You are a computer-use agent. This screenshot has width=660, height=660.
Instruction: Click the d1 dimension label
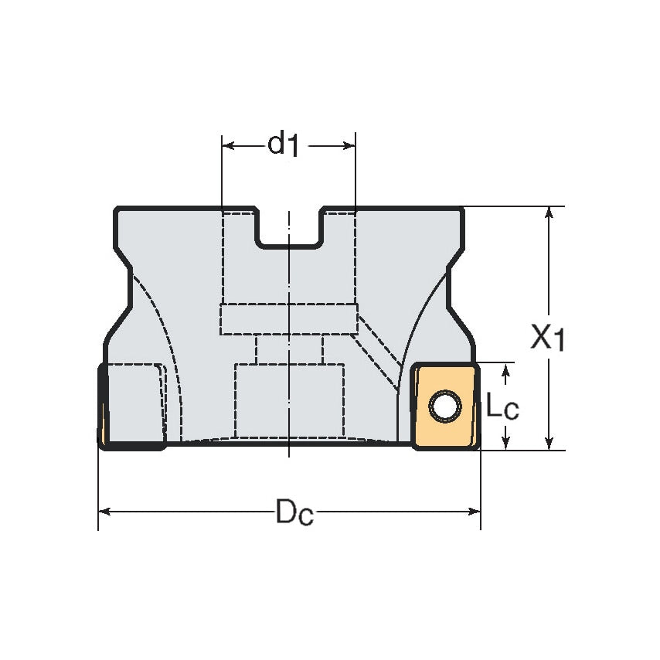pos(284,145)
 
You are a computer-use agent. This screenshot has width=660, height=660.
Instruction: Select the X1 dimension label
pos(548,338)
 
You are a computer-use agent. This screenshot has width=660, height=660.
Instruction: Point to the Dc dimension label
pos(294,512)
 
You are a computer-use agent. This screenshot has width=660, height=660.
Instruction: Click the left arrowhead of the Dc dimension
pos(105,512)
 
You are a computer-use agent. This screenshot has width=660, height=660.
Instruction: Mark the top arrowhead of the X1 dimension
pos(549,213)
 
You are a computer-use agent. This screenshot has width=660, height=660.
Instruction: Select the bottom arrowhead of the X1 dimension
pos(549,443)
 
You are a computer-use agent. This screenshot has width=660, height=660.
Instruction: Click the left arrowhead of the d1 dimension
pos(229,145)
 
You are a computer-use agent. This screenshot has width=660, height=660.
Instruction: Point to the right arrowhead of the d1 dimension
pos(349,145)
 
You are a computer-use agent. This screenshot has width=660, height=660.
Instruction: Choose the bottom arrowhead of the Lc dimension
pos(506,442)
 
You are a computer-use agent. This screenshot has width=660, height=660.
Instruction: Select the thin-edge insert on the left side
pos(102,406)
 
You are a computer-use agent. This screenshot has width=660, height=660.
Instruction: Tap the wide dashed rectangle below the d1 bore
pos(289,319)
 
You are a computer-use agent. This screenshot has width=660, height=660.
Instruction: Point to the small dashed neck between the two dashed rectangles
pos(289,349)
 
